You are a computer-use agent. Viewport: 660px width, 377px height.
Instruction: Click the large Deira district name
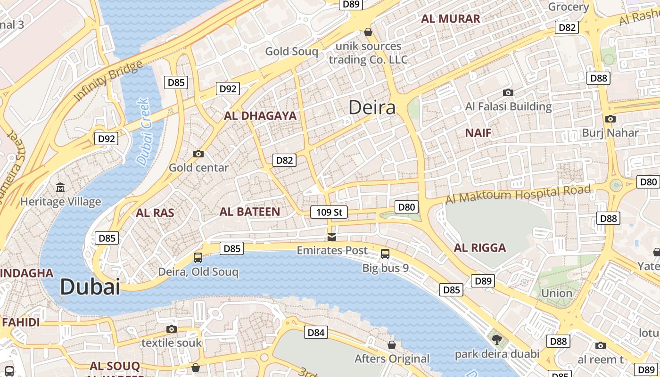coord(372,108)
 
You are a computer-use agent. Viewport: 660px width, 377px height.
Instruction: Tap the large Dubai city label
coord(90,287)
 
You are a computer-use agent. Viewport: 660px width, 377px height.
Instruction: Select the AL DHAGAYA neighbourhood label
coord(260,116)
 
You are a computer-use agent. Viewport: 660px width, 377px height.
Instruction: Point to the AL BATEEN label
coord(250,212)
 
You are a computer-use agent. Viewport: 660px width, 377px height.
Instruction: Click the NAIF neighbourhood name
coord(478,133)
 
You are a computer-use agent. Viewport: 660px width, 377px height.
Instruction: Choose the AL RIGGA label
coord(480,248)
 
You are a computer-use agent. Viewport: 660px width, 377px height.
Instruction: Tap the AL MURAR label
coord(451,19)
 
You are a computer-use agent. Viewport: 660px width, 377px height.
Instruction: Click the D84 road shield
coord(316,333)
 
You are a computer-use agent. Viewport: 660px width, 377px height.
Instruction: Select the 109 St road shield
coord(329,213)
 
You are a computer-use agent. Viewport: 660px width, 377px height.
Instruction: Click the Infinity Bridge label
coord(108,81)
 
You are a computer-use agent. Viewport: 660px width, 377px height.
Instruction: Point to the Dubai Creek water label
coord(143,132)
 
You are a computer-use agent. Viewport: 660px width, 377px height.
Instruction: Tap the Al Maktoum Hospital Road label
coord(518,194)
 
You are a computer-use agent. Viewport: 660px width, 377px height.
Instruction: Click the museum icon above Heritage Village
coord(60,188)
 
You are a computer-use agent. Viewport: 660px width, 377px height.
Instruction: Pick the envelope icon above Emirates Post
coord(332,237)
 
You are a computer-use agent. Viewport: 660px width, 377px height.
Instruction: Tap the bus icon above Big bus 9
coord(385,254)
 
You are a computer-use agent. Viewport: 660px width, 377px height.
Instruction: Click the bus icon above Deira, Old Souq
coord(198,258)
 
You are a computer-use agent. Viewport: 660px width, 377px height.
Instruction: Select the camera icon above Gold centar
coord(198,154)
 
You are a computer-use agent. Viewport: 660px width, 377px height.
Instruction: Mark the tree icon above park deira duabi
coord(496,339)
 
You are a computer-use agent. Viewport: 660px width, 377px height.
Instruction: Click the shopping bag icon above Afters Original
coord(392,345)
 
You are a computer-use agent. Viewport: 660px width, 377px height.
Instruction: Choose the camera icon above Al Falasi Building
coord(508,92)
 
